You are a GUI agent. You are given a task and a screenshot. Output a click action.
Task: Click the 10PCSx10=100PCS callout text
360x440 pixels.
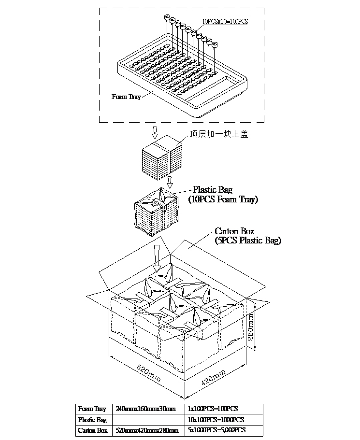coord(225,21)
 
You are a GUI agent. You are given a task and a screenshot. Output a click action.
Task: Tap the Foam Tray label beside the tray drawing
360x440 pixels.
coord(126,97)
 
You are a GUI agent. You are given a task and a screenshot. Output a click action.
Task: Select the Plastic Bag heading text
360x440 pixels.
coord(213,190)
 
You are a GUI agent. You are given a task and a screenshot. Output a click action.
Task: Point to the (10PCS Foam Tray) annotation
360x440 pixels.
coord(223,199)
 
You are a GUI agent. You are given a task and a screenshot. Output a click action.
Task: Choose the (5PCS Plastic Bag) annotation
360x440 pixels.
coord(247,240)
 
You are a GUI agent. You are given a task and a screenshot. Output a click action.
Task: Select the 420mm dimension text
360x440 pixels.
coord(213,380)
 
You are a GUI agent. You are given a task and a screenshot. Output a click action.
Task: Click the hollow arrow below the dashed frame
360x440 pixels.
coord(155,132)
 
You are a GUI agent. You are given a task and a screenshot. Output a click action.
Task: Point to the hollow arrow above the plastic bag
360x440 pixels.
coord(170,183)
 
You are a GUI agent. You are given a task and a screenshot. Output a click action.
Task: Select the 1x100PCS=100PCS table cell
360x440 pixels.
coord(212,409)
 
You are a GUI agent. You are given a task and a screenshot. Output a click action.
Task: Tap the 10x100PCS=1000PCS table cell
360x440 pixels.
coord(215,420)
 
